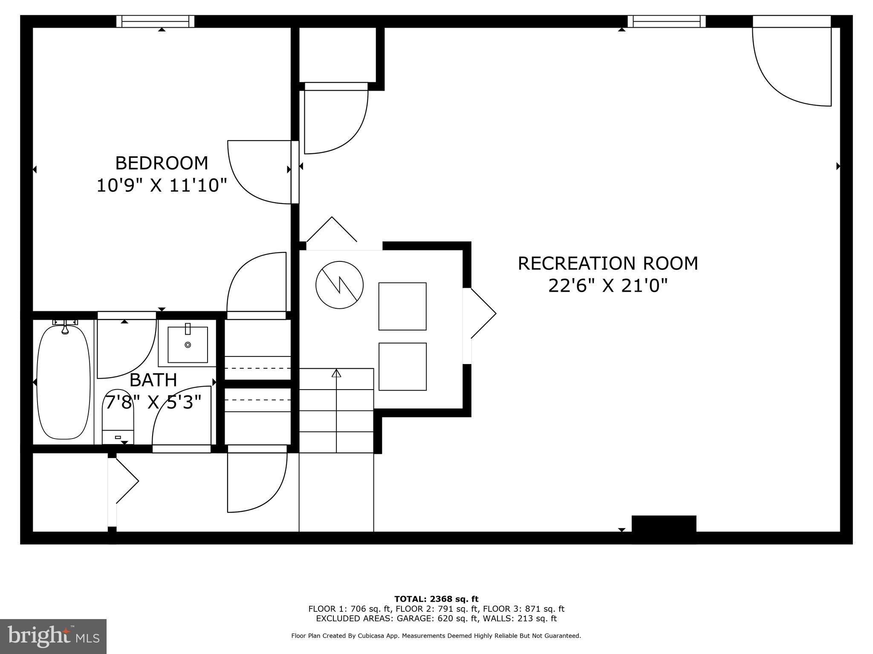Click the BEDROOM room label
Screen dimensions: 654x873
(162, 163)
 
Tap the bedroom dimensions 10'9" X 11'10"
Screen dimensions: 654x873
(162, 186)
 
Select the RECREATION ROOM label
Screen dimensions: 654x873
(607, 263)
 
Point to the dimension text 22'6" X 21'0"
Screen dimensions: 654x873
(607, 286)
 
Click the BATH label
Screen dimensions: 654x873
(153, 380)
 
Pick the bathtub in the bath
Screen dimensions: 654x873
(64, 382)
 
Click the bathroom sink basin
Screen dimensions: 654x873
(188, 344)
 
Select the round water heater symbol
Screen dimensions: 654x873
(339, 285)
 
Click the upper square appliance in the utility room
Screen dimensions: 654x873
(402, 306)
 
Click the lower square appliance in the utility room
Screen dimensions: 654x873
(402, 367)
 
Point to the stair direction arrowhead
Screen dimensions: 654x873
(336, 373)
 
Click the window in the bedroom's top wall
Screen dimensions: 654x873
(156, 21)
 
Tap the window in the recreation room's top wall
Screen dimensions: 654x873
(666, 21)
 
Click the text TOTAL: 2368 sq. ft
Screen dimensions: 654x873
(436, 599)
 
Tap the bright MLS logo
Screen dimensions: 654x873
(53, 636)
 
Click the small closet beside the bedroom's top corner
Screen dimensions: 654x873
(337, 54)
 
